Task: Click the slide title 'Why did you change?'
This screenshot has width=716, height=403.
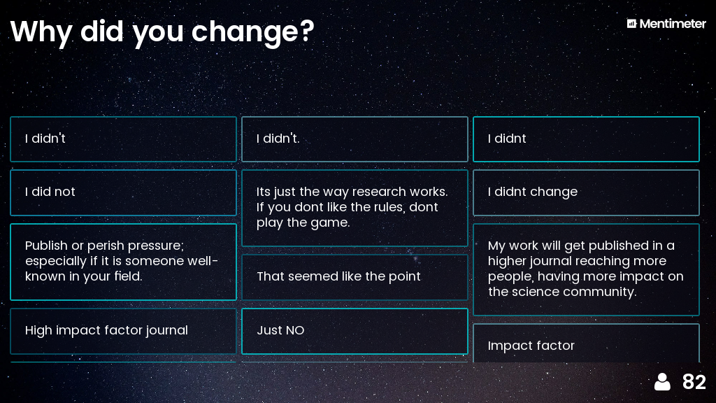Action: [x=162, y=32]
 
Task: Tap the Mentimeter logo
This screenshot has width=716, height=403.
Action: [x=666, y=24]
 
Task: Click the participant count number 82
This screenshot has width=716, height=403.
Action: [x=694, y=382]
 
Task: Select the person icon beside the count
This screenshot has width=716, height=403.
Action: [x=662, y=382]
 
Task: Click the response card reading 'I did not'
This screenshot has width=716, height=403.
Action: [x=123, y=192]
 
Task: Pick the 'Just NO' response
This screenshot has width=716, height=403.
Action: [x=355, y=331]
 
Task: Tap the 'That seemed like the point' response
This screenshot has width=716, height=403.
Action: [x=355, y=277]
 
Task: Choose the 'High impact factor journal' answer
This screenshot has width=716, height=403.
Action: [x=123, y=331]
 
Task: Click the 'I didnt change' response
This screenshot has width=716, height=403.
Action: [x=587, y=192]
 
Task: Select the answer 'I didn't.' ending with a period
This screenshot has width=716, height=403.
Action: [x=355, y=139]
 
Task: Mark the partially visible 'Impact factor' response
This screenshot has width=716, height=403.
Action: [x=587, y=344]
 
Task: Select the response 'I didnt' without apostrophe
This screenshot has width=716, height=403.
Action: [x=587, y=139]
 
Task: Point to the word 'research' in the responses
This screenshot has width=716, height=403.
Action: [x=375, y=192]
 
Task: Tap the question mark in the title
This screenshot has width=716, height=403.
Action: [x=308, y=32]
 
